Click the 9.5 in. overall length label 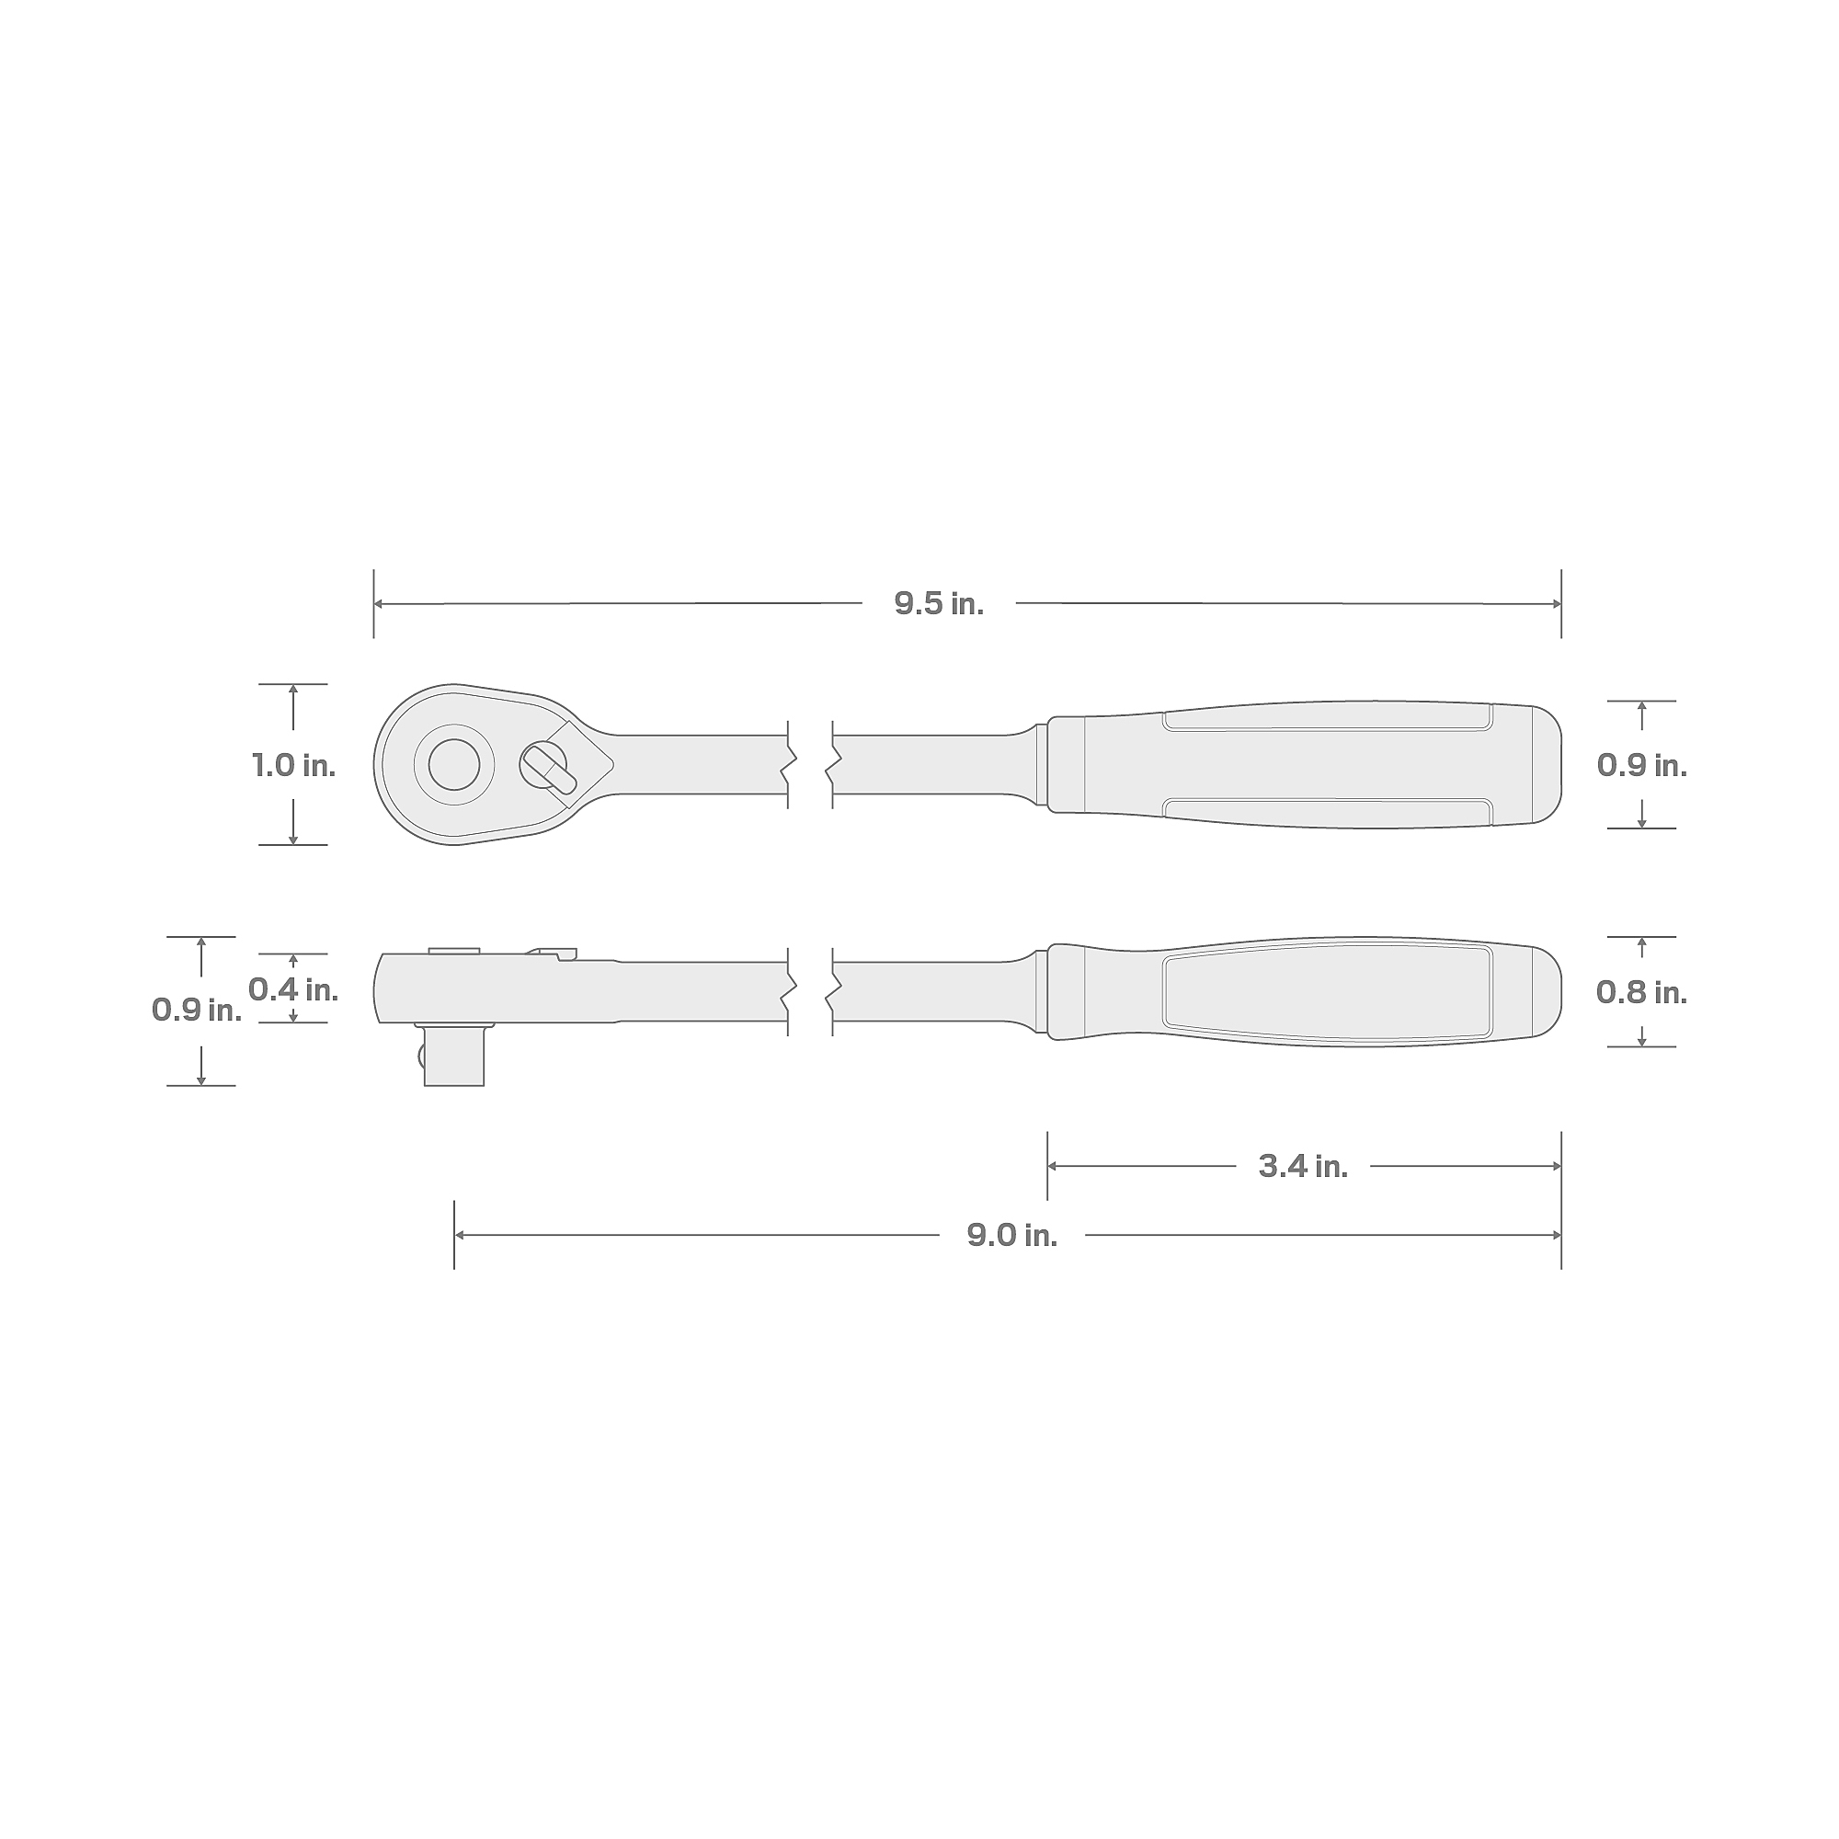click(939, 603)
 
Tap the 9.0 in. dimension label click(1011, 1236)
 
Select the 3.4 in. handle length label click(1303, 1166)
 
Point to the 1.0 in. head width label click(293, 765)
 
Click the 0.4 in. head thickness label click(293, 990)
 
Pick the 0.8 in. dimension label click(1642, 993)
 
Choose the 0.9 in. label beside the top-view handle click(1642, 765)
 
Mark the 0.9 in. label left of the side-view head click(197, 1010)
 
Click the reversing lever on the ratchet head click(548, 767)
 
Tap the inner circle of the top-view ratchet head click(454, 764)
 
